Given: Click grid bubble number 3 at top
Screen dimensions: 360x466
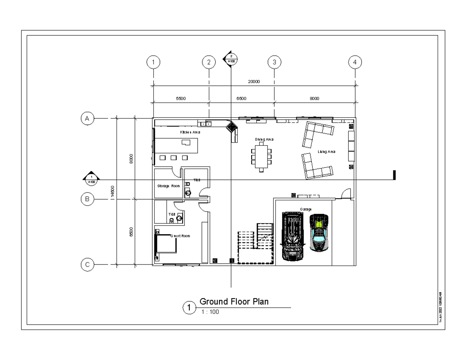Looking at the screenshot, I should click(274, 62).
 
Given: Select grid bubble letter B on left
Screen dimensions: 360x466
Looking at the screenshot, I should click(87, 199).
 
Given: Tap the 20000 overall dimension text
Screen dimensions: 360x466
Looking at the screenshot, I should click(254, 82).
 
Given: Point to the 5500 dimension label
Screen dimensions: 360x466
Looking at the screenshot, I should click(181, 98).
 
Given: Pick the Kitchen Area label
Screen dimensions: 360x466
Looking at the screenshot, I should click(190, 132).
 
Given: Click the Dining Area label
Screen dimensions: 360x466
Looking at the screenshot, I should click(264, 139).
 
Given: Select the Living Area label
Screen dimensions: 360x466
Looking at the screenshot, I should click(326, 152).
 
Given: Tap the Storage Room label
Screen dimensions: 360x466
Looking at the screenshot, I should click(169, 186).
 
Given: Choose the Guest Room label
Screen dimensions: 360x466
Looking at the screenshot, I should click(180, 236).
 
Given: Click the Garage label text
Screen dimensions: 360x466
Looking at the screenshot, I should click(306, 209).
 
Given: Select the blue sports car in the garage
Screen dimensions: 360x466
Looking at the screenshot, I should click(320, 232).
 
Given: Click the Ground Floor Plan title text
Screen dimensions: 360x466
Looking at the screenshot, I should click(234, 302).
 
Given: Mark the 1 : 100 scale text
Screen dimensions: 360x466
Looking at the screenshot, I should click(210, 311).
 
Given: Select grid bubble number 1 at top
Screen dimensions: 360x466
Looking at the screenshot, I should click(154, 62).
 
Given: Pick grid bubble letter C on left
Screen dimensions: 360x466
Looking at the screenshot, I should click(87, 265).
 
